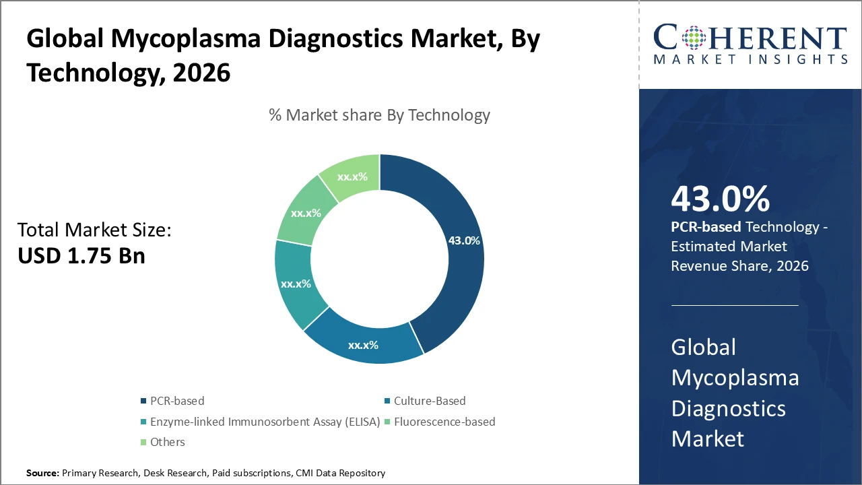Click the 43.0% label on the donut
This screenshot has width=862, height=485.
(464, 240)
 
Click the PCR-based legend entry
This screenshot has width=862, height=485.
(177, 401)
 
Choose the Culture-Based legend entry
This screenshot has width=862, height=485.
(429, 401)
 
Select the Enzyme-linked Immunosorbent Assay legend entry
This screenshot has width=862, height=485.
(265, 422)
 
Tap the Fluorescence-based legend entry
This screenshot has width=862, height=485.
(444, 422)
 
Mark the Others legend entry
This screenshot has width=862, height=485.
(167, 443)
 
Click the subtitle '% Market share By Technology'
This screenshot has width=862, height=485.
(379, 115)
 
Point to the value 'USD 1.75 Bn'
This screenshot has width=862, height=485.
(81, 257)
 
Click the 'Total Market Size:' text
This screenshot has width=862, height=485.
(95, 230)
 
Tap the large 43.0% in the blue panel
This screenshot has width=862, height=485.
(720, 200)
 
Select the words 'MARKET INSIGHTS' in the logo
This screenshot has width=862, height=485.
(750, 59)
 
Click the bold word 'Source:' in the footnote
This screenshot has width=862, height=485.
(42, 474)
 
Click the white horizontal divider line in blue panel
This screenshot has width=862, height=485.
(735, 305)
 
